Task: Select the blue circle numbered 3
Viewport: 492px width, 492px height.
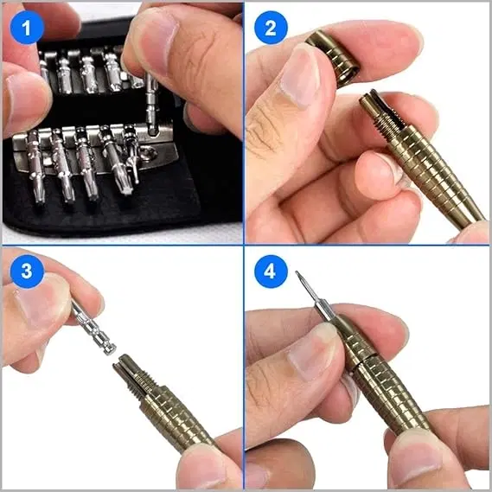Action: click(27, 271)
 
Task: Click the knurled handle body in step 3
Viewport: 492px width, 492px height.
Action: click(173, 415)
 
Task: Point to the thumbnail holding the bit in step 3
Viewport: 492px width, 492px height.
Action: click(39, 307)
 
